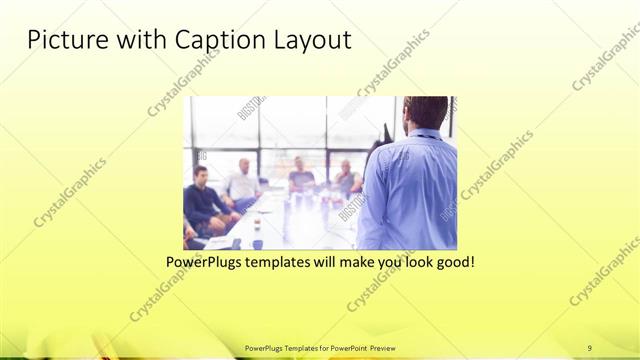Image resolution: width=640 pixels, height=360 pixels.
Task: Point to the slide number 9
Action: pos(590,347)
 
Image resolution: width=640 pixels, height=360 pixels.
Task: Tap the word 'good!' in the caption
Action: pos(452,262)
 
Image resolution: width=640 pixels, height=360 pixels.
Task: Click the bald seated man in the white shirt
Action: pos(242,180)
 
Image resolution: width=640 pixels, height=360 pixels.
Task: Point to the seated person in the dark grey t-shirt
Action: pos(301,178)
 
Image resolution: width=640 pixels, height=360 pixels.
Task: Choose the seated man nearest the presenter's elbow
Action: pos(347,178)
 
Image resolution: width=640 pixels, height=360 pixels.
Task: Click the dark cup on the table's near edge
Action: pos(257,242)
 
